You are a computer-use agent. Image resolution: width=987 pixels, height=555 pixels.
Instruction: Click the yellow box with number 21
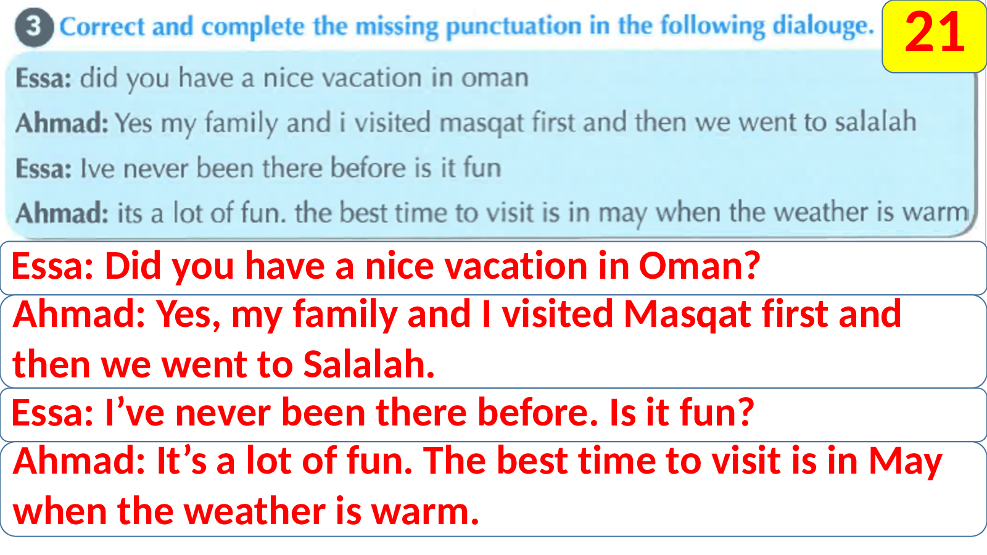(x=934, y=36)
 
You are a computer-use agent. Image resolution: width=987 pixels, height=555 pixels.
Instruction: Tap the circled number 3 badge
(x=34, y=27)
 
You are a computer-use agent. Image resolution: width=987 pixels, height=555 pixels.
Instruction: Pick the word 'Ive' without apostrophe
(x=97, y=169)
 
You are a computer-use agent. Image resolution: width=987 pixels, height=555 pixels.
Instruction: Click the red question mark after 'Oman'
(x=753, y=266)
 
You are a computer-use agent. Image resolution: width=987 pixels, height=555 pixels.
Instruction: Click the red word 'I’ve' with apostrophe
(x=134, y=413)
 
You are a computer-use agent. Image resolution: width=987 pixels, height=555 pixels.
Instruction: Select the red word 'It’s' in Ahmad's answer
(x=181, y=460)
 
